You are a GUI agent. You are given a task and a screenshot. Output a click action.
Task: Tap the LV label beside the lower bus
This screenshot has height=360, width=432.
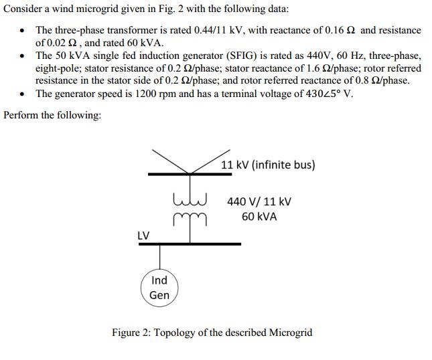(x=143, y=235)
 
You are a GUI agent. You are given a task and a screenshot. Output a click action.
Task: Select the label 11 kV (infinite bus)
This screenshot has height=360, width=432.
(x=268, y=165)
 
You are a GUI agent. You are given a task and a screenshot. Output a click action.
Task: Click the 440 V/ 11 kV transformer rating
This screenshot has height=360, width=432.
(x=259, y=201)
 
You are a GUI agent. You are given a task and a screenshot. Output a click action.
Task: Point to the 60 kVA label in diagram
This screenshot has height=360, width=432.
(x=259, y=217)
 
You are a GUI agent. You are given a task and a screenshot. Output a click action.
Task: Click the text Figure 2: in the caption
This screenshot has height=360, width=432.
(x=131, y=332)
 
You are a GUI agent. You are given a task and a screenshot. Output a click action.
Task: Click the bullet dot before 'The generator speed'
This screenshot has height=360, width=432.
(x=24, y=94)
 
